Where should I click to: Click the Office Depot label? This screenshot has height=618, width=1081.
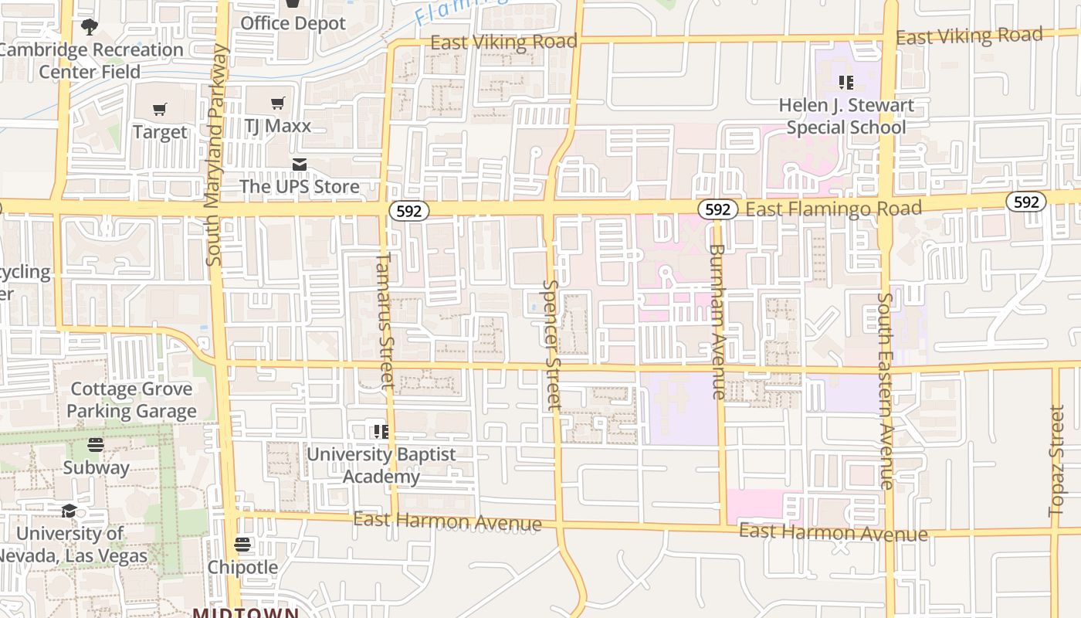[x=293, y=23]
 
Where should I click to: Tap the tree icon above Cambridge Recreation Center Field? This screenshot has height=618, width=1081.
[x=90, y=27]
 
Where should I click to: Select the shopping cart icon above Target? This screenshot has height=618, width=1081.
[x=160, y=110]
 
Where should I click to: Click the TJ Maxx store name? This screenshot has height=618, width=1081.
[x=278, y=126]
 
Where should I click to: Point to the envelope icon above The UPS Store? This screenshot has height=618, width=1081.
[x=300, y=165]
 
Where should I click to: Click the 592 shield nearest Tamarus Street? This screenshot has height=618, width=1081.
[x=408, y=210]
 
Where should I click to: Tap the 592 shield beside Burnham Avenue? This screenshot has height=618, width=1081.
[x=717, y=209]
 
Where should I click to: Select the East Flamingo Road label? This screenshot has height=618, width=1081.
[x=834, y=209]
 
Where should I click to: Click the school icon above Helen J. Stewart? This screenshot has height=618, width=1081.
[x=846, y=83]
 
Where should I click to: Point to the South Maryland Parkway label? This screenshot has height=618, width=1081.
[x=215, y=154]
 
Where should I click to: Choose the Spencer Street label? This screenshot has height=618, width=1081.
[x=551, y=344]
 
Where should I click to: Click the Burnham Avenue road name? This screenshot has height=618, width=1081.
[x=717, y=321]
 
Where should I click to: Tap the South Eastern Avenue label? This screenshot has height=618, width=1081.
[x=886, y=390]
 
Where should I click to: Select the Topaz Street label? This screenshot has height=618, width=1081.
[x=1056, y=460]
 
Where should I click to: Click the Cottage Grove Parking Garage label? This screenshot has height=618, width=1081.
[x=131, y=400]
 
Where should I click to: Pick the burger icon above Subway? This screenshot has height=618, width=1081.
[x=96, y=445]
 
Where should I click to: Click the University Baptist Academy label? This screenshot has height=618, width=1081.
[x=381, y=465]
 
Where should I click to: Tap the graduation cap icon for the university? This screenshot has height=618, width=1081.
[x=69, y=511]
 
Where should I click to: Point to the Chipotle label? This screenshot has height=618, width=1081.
[x=242, y=567]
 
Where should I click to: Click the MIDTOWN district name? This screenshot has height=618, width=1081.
[x=246, y=613]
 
